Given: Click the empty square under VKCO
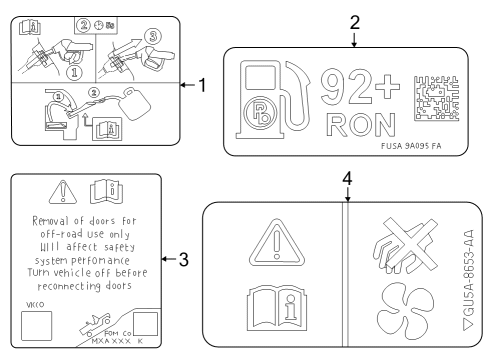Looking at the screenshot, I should pyautogui.click(x=37, y=326).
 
